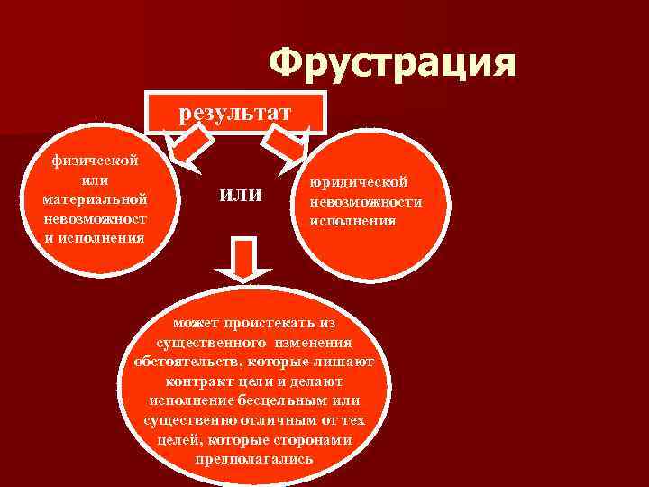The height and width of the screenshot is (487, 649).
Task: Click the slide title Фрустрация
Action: [393, 64]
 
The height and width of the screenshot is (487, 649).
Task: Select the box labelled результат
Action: [235, 113]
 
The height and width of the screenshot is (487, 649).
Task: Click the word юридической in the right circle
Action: [359, 182]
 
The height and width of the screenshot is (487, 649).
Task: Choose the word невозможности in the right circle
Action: [366, 201]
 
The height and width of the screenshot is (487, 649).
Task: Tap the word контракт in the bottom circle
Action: [214, 381]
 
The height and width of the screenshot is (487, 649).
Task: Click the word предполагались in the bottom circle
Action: [254, 458]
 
